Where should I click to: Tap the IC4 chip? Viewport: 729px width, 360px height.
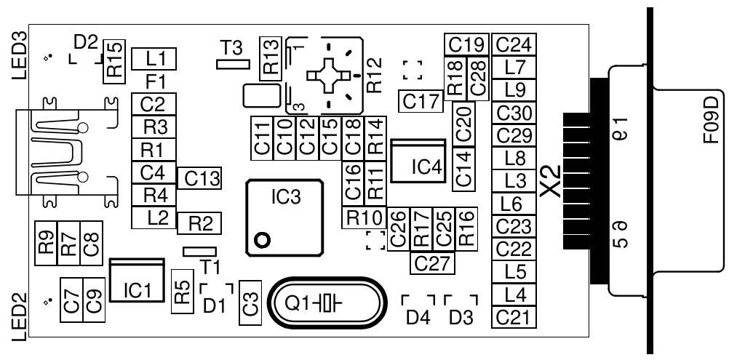pos(418,162)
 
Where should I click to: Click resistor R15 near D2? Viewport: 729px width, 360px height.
pos(114,61)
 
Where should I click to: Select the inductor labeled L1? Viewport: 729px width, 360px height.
pos(156,58)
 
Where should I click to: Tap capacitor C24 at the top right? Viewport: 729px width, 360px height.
pos(513,44)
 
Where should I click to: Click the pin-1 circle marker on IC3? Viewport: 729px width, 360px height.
pos(262,239)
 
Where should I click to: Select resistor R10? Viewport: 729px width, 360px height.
pos(364,217)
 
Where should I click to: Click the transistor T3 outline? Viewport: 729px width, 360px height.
pos(234,64)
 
